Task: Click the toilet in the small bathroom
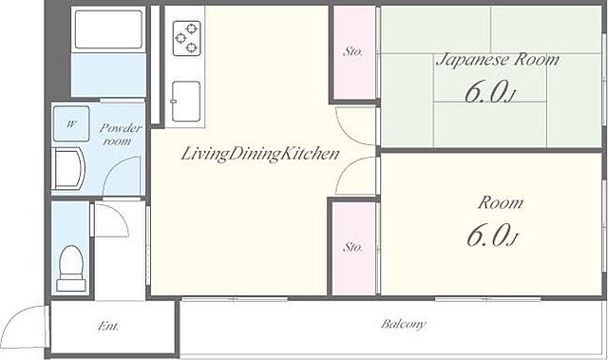tap(71, 268)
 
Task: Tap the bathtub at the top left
tap(108, 29)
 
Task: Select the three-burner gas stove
tap(187, 38)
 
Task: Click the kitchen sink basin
tap(186, 102)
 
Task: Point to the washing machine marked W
tap(71, 123)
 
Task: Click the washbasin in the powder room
tap(69, 169)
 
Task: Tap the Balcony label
tap(403, 324)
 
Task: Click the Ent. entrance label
tap(108, 327)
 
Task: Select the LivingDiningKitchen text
tap(260, 154)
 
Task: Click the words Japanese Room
tap(498, 60)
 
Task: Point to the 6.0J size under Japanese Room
tap(491, 92)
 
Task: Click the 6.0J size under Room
tap(492, 236)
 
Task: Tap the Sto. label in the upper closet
tap(352, 51)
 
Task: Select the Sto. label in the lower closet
tap(352, 247)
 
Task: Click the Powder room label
tap(121, 134)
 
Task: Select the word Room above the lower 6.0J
tap(501, 202)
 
